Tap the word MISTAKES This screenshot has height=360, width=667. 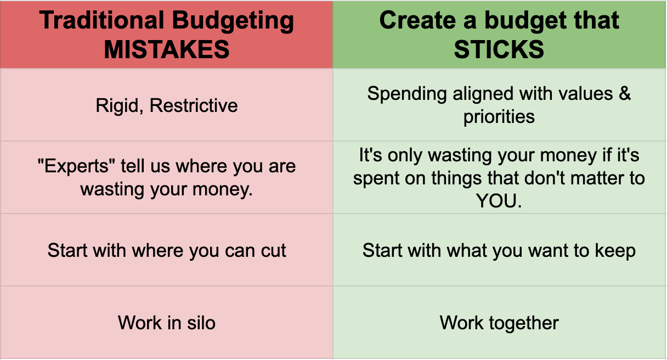pyautogui.click(x=167, y=50)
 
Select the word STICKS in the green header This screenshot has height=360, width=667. pyautogui.click(x=499, y=50)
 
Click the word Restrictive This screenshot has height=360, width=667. pyautogui.click(x=194, y=105)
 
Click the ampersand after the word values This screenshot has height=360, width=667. pyautogui.click(x=625, y=94)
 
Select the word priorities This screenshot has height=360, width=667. pyautogui.click(x=499, y=117)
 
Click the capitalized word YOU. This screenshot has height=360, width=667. pyautogui.click(x=499, y=201)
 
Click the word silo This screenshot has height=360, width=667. pyautogui.click(x=200, y=323)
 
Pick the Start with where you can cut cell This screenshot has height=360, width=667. pyautogui.click(x=167, y=250)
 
